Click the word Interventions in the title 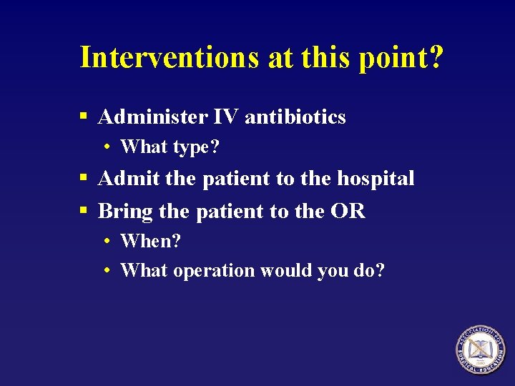click(170, 57)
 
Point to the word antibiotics click(295, 117)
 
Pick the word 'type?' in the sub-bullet click(195, 148)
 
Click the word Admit click(128, 178)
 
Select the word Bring click(127, 211)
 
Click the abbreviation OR click(350, 211)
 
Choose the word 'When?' click(151, 241)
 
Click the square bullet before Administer click(84, 116)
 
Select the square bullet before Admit click(84, 177)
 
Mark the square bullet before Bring click(84, 210)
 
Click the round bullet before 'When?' click(106, 242)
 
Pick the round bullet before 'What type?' click(106, 147)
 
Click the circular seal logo click(480, 350)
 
